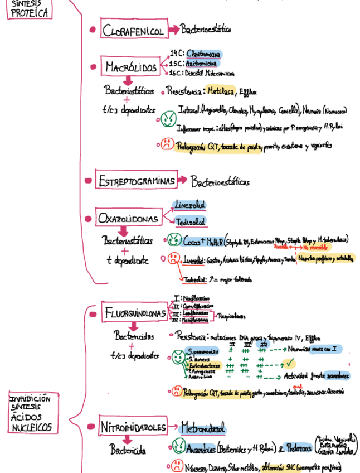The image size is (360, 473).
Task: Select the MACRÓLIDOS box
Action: [131, 67]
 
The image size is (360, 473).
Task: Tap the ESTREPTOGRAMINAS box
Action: [135, 180]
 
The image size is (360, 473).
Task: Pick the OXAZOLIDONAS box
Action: [128, 219]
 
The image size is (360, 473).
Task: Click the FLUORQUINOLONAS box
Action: [135, 313]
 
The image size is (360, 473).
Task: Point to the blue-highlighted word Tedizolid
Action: [189, 222]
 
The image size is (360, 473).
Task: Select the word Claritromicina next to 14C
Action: [203, 54]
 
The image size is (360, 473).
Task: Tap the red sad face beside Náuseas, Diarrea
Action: [174, 466]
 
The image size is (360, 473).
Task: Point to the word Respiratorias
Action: [231, 316]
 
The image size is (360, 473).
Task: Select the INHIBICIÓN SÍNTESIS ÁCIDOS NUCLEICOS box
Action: [32, 413]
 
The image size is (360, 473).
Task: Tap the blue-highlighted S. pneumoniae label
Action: [199, 353]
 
